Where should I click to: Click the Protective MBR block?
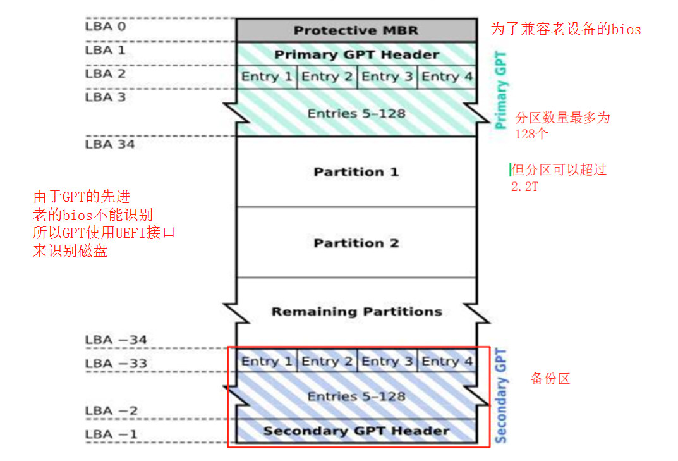tap(356, 30)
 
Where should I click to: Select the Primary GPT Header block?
tap(356, 54)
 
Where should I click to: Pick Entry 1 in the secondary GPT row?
tap(266, 361)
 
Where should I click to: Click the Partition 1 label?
tap(356, 172)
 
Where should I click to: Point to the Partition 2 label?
tap(356, 243)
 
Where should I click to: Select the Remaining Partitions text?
tap(356, 311)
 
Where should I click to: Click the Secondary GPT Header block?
tap(356, 431)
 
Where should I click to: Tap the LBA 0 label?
tap(106, 27)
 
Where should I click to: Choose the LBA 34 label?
tap(109, 144)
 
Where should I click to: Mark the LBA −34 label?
tap(116, 340)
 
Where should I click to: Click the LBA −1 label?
tap(111, 434)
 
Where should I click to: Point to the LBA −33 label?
tap(116, 364)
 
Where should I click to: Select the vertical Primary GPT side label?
tap(501, 90)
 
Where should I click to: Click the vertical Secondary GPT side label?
tap(501, 395)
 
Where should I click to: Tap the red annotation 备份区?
tap(550, 379)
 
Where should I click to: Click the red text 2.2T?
tap(525, 187)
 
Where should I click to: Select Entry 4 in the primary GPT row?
tap(447, 77)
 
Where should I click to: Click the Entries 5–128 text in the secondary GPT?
tap(356, 396)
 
